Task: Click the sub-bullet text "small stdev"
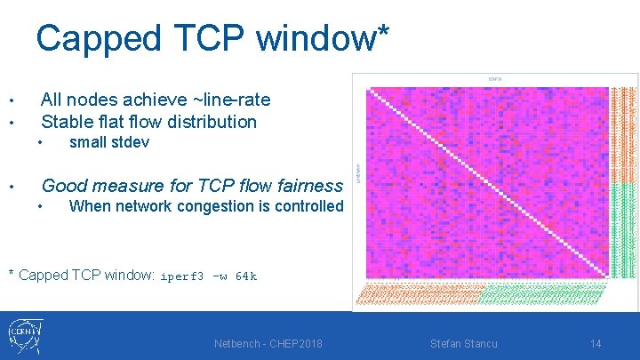pyautogui.click(x=108, y=142)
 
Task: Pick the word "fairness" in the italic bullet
pyautogui.click(x=306, y=186)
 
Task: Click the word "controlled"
pyautogui.click(x=308, y=206)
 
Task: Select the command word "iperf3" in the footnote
pyautogui.click(x=181, y=276)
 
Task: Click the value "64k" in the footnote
pyautogui.click(x=246, y=276)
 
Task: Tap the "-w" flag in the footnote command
pyautogui.click(x=219, y=276)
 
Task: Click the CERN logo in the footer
pyautogui.click(x=25, y=335)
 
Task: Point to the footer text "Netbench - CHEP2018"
pyautogui.click(x=268, y=343)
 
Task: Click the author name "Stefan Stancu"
pyautogui.click(x=463, y=343)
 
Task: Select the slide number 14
pyautogui.click(x=596, y=343)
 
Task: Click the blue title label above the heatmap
pyautogui.click(x=495, y=79)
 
